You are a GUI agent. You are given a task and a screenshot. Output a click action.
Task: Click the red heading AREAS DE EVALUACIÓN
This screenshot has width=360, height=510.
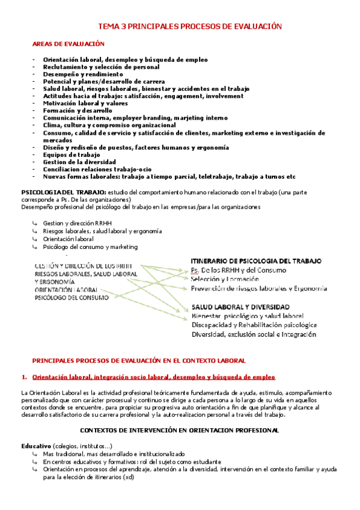click(x=69, y=44)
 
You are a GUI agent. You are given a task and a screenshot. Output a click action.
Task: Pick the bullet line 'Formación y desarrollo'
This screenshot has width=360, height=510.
click(x=78, y=111)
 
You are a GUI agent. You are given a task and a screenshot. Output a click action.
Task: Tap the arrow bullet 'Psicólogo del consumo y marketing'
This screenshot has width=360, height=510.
click(x=94, y=247)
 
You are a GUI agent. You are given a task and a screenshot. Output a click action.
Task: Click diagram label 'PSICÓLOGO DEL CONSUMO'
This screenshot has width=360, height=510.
click(x=72, y=297)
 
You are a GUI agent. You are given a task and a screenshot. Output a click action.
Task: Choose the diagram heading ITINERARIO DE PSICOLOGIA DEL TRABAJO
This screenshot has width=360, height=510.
click(x=255, y=261)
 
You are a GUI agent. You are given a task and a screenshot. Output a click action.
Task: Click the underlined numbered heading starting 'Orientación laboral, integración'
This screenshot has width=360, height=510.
click(x=153, y=377)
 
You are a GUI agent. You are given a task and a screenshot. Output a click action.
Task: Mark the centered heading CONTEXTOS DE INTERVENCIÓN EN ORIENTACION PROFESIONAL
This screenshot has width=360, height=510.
click(x=179, y=431)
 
